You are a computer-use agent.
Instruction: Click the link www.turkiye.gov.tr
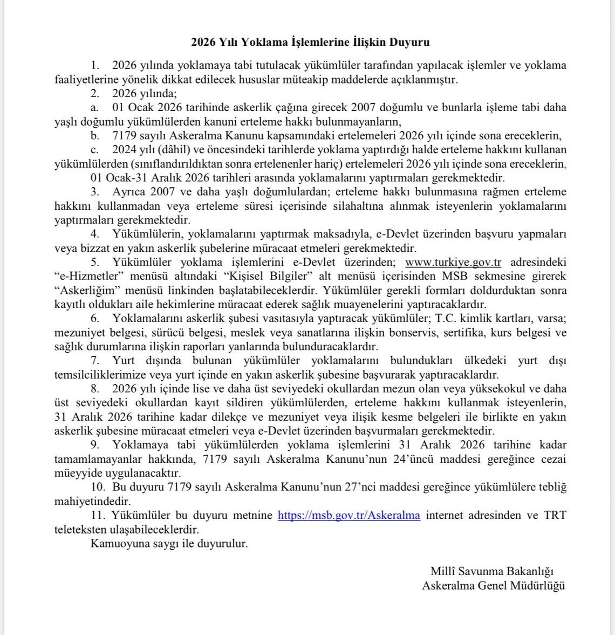[x=453, y=263]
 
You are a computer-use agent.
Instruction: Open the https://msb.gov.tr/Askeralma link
[x=348, y=515]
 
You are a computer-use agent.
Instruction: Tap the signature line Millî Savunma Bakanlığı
[x=492, y=571]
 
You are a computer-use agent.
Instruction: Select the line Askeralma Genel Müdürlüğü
[x=493, y=585]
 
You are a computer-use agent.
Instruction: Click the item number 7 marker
[x=94, y=361]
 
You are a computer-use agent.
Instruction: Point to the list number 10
[x=97, y=487]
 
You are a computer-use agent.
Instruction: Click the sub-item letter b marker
[x=94, y=135]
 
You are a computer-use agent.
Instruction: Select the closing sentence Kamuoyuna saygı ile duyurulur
[x=169, y=544]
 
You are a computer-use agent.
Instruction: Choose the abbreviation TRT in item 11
[x=555, y=515]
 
